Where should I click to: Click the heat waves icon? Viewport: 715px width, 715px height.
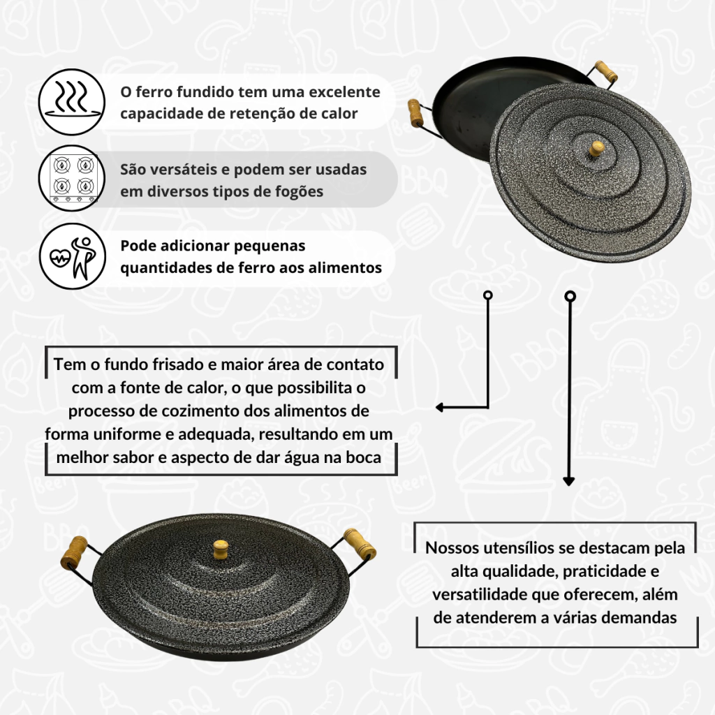pyautogui.click(x=72, y=102)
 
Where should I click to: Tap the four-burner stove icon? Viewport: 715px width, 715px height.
pyautogui.click(x=72, y=178)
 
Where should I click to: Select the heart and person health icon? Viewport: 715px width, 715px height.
pyautogui.click(x=72, y=256)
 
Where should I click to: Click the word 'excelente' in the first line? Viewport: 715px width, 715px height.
pyautogui.click(x=344, y=92)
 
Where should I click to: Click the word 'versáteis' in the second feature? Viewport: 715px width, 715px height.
pyautogui.click(x=178, y=170)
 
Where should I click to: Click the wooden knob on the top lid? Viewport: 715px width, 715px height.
pyautogui.click(x=596, y=148)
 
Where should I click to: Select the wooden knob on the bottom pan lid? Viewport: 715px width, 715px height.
pyautogui.click(x=221, y=549)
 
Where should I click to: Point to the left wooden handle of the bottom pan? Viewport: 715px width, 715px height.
pyautogui.click(x=74, y=552)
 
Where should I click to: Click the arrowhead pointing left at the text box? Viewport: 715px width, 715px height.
pyautogui.click(x=440, y=407)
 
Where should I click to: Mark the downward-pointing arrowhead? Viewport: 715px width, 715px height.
pyautogui.click(x=568, y=481)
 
